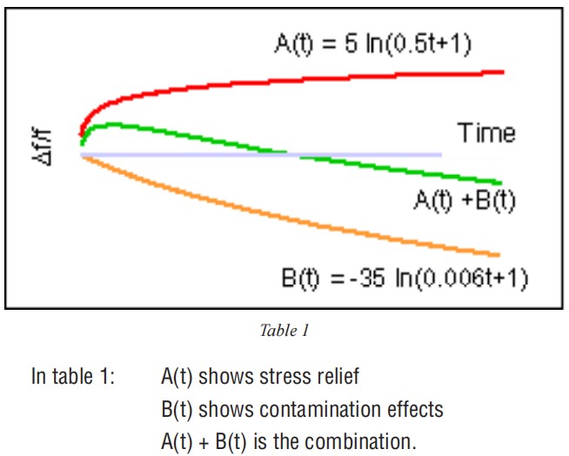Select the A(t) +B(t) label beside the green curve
pos(464,202)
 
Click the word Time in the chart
pos(487,133)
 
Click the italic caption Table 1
pos(284,330)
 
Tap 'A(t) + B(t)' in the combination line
pos(205,441)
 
